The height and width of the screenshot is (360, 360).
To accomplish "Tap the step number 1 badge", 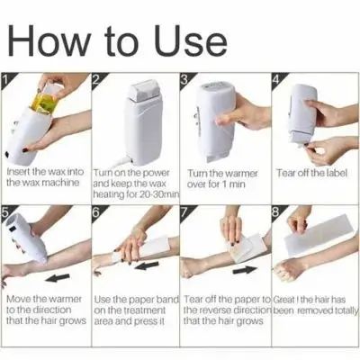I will [7, 79].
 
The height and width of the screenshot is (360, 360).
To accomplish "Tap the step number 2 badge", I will [95, 79].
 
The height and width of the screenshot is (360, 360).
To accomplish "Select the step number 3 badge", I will [184, 79].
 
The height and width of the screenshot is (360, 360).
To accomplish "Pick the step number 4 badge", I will [274, 79].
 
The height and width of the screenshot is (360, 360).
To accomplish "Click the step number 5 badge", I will [7, 212].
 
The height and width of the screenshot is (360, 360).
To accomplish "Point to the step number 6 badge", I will [95, 212].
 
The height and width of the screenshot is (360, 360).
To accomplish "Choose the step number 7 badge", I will [184, 212].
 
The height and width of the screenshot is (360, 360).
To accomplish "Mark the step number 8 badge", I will [274, 212].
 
